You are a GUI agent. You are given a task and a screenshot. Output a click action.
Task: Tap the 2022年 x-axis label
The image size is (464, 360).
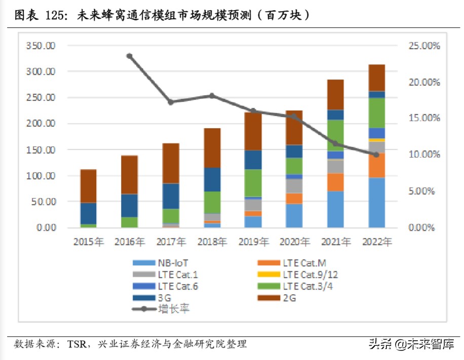(x=376, y=243)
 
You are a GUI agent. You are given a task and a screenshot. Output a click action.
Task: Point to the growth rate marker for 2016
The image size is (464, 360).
(x=129, y=56)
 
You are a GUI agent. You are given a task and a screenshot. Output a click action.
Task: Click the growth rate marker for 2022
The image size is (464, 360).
(x=376, y=154)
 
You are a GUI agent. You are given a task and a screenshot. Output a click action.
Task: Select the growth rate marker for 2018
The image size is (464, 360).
(x=212, y=96)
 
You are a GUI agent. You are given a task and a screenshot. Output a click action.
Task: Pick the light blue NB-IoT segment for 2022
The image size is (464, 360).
(x=376, y=203)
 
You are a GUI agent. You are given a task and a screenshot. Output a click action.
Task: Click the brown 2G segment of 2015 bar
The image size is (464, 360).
(x=88, y=186)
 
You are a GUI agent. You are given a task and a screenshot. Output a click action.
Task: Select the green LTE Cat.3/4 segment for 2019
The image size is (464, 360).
(x=253, y=183)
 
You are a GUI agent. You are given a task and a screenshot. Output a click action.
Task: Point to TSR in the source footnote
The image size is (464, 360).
(x=76, y=345)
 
